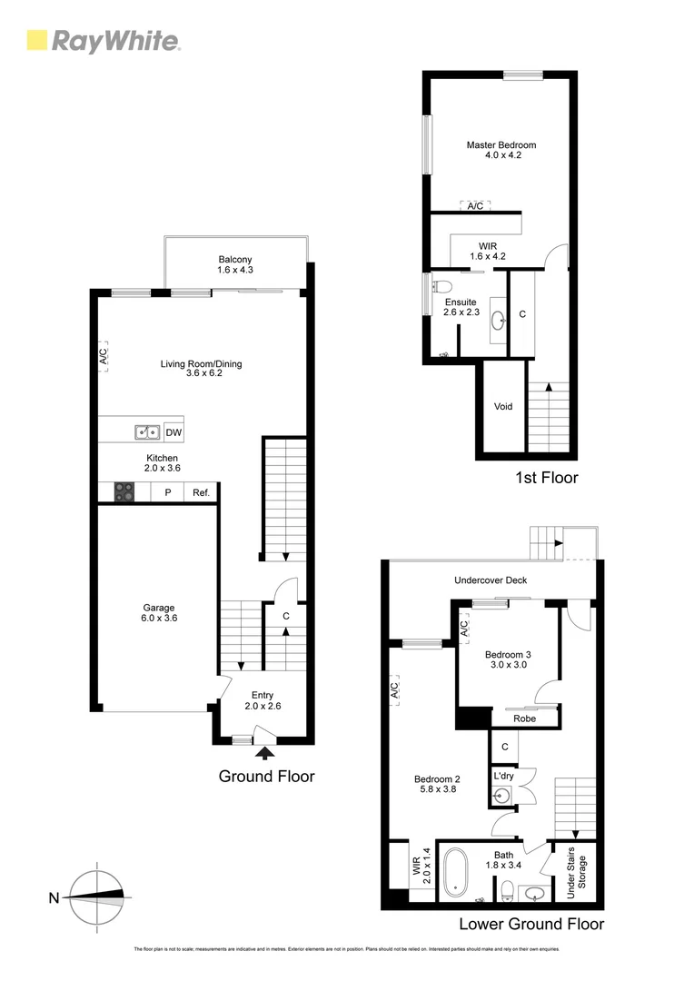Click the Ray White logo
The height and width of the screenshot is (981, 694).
pos(104,41)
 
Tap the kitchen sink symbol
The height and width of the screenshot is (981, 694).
pos(148,432)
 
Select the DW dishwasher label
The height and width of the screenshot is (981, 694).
pos(173,433)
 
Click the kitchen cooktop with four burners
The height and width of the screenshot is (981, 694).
pos(124,492)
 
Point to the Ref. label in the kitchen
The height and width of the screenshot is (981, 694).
pos(200,493)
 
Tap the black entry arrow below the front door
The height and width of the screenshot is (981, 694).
pos(265,751)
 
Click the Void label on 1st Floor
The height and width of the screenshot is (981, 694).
pos(502,406)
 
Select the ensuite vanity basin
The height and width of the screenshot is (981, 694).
pos(499,320)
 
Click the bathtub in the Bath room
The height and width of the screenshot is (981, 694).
pos(455,870)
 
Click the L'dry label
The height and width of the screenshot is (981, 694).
pos(503,777)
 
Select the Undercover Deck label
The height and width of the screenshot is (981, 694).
pos(491,580)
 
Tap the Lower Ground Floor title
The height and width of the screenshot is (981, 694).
pos(530,925)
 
